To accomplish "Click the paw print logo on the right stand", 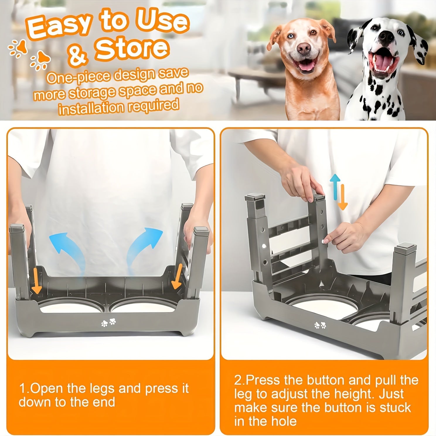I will tap(320, 325).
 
